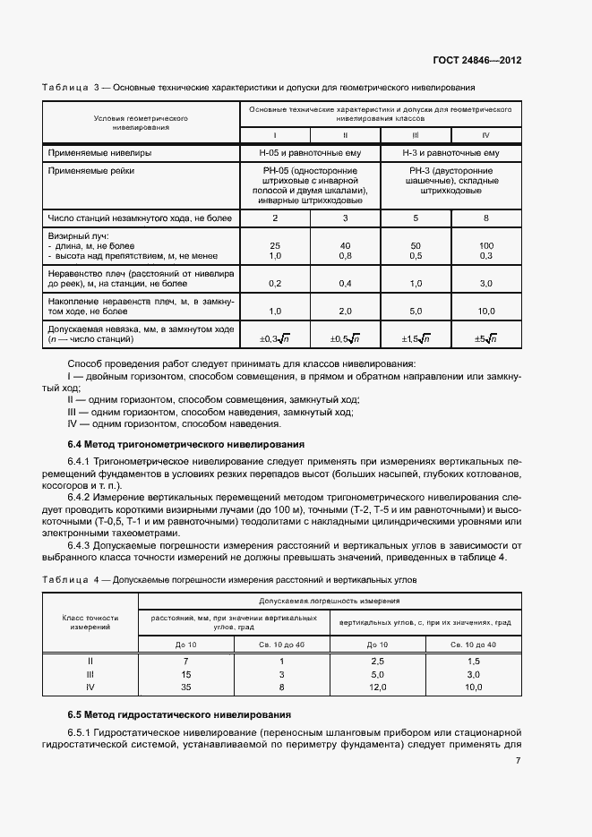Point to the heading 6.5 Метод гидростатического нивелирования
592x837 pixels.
pos(179,714)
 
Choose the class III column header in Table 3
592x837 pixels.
pos(416,135)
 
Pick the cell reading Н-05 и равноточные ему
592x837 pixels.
pos(310,153)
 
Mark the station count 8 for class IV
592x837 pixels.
pos(486,218)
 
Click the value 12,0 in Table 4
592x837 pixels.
pos(377,688)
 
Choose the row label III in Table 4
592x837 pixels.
pos(90,674)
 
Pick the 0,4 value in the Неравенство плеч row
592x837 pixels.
pos(345,282)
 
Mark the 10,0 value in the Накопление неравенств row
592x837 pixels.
pos(486,311)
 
